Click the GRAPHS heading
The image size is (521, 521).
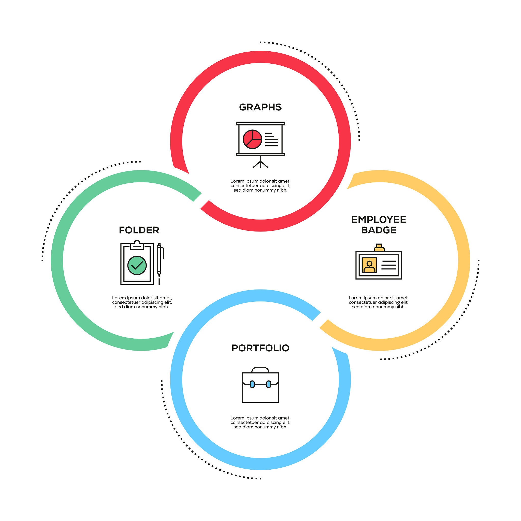click(260, 107)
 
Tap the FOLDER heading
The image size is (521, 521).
click(139, 230)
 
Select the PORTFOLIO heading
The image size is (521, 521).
click(260, 348)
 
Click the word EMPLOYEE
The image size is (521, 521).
click(379, 220)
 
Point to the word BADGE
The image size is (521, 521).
click(379, 230)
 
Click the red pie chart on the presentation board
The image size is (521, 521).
click(252, 139)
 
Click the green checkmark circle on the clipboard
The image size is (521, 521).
click(137, 265)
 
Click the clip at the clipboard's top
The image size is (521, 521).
click(137, 245)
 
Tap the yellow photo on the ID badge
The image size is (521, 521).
click(369, 265)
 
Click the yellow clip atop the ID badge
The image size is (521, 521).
click(379, 248)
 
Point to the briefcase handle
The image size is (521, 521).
click(260, 370)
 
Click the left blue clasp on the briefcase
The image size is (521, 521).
click(252, 384)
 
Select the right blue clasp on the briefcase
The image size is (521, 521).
click(269, 384)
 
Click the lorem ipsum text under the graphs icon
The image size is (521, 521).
click(260, 185)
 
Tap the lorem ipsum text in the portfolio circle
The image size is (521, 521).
click(260, 422)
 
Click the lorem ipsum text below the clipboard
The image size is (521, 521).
click(142, 302)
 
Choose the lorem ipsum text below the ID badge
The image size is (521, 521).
click(379, 302)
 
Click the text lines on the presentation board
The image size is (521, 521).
click(271, 139)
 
